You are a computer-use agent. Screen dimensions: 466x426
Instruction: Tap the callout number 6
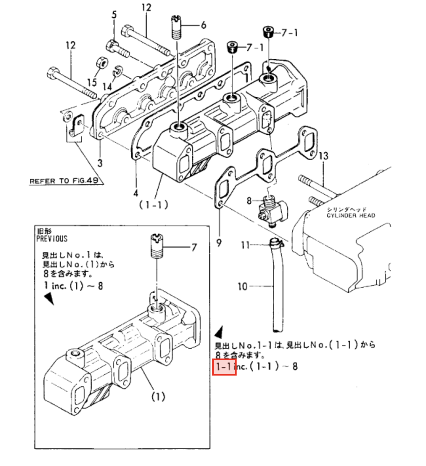[203, 25]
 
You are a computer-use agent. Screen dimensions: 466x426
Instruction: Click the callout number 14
[107, 87]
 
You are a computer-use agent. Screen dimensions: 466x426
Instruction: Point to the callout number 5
[114, 15]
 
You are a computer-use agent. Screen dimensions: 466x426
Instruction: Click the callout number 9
[219, 243]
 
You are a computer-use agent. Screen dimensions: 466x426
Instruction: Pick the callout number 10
[242, 287]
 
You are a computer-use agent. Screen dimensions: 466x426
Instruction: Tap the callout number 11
[245, 245]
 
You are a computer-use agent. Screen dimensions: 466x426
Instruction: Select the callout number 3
[100, 163]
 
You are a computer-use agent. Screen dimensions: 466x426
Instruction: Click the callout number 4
[136, 193]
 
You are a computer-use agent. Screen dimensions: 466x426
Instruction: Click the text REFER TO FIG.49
[64, 181]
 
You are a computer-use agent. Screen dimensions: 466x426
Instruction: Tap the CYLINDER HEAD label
[351, 215]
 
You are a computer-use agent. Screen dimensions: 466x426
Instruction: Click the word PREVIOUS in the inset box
[52, 239]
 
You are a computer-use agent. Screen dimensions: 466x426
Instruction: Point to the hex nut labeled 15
[101, 63]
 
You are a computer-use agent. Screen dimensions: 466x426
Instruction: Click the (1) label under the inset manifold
[158, 397]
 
